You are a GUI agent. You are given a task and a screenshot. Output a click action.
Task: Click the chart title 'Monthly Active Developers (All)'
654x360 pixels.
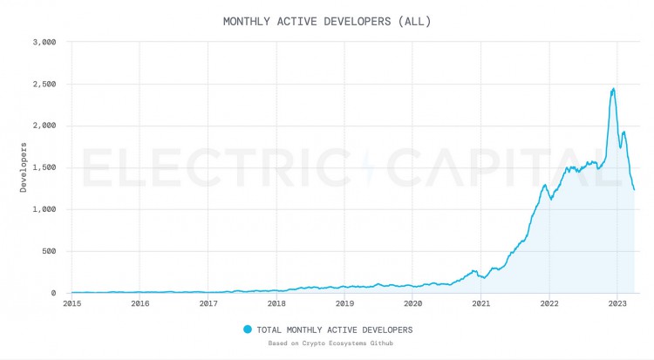(x=327, y=21)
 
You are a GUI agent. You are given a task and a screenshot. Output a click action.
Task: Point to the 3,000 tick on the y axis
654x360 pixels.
(x=44, y=42)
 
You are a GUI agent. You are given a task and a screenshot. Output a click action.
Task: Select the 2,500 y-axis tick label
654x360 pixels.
(x=44, y=84)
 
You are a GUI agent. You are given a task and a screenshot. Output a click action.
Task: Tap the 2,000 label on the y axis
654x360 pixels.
(x=44, y=126)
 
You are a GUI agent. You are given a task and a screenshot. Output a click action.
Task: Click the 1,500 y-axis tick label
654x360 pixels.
(x=44, y=167)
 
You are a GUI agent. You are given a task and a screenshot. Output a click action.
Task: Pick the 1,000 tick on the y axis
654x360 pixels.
(x=44, y=209)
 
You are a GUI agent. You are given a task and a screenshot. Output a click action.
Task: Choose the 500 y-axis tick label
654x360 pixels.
(x=49, y=251)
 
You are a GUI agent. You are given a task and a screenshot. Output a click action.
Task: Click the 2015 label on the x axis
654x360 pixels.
(x=72, y=303)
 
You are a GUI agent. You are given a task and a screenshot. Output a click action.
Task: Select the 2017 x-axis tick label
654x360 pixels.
(x=208, y=303)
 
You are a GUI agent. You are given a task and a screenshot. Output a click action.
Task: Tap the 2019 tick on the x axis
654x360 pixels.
(x=344, y=303)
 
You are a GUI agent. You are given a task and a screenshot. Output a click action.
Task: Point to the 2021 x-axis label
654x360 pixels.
(x=480, y=303)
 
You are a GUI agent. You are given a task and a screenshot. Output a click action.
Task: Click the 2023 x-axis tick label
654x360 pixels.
(x=617, y=303)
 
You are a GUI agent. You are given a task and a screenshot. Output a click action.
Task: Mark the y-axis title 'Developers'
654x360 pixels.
(x=25, y=166)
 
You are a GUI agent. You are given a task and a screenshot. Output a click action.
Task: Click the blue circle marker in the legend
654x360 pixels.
(x=247, y=329)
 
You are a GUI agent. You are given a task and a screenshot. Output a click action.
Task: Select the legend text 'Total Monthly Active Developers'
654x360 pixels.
(x=335, y=329)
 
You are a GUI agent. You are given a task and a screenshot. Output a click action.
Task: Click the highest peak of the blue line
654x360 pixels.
(x=613, y=88)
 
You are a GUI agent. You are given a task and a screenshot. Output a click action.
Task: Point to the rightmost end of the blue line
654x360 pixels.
(x=634, y=189)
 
